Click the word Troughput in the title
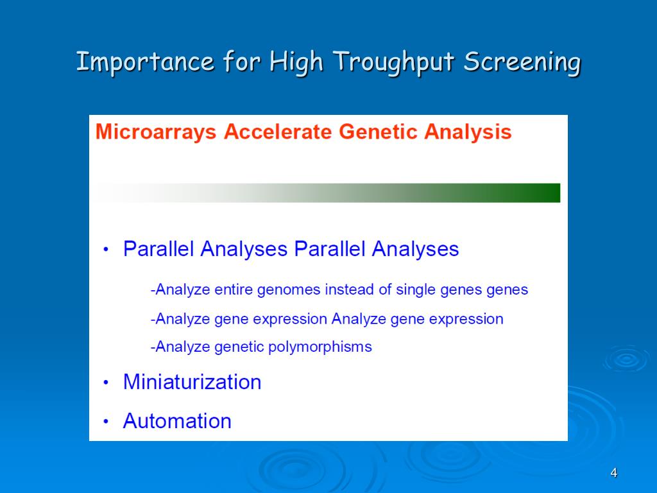[x=394, y=62]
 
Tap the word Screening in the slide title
[x=522, y=62]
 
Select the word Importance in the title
[x=146, y=62]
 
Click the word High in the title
[x=296, y=62]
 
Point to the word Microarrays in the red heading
[x=156, y=132]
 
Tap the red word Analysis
[x=468, y=132]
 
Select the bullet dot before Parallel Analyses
[x=106, y=250]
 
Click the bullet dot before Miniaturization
[x=106, y=383]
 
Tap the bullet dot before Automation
[x=106, y=421]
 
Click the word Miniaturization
[x=192, y=382]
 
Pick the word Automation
[x=177, y=421]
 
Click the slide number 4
[x=614, y=473]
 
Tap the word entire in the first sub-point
[x=234, y=290]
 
